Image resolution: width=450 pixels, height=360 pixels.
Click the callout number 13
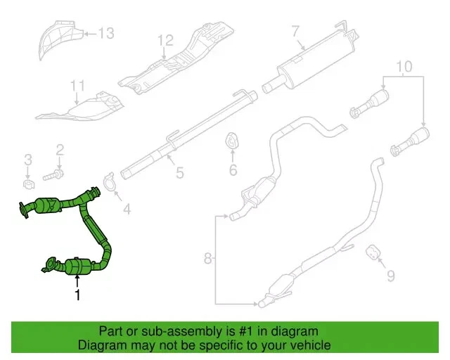coord(105,32)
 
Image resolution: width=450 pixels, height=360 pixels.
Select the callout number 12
coord(165,40)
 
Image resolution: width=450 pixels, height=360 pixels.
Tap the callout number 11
coord(77,86)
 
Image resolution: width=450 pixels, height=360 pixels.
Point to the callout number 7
coord(295,30)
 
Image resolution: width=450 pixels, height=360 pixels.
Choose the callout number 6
coord(233,169)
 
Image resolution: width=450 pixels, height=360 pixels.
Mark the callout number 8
coord(207,259)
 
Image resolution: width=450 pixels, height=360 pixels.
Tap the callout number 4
coord(127,209)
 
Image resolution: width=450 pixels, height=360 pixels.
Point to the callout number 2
coord(60,149)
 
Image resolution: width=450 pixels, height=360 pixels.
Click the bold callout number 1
coord(77,295)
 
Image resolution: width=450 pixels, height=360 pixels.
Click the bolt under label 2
coord(55,173)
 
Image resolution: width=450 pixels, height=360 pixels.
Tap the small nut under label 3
coord(28,184)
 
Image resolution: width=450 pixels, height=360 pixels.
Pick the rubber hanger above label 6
coord(231,141)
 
